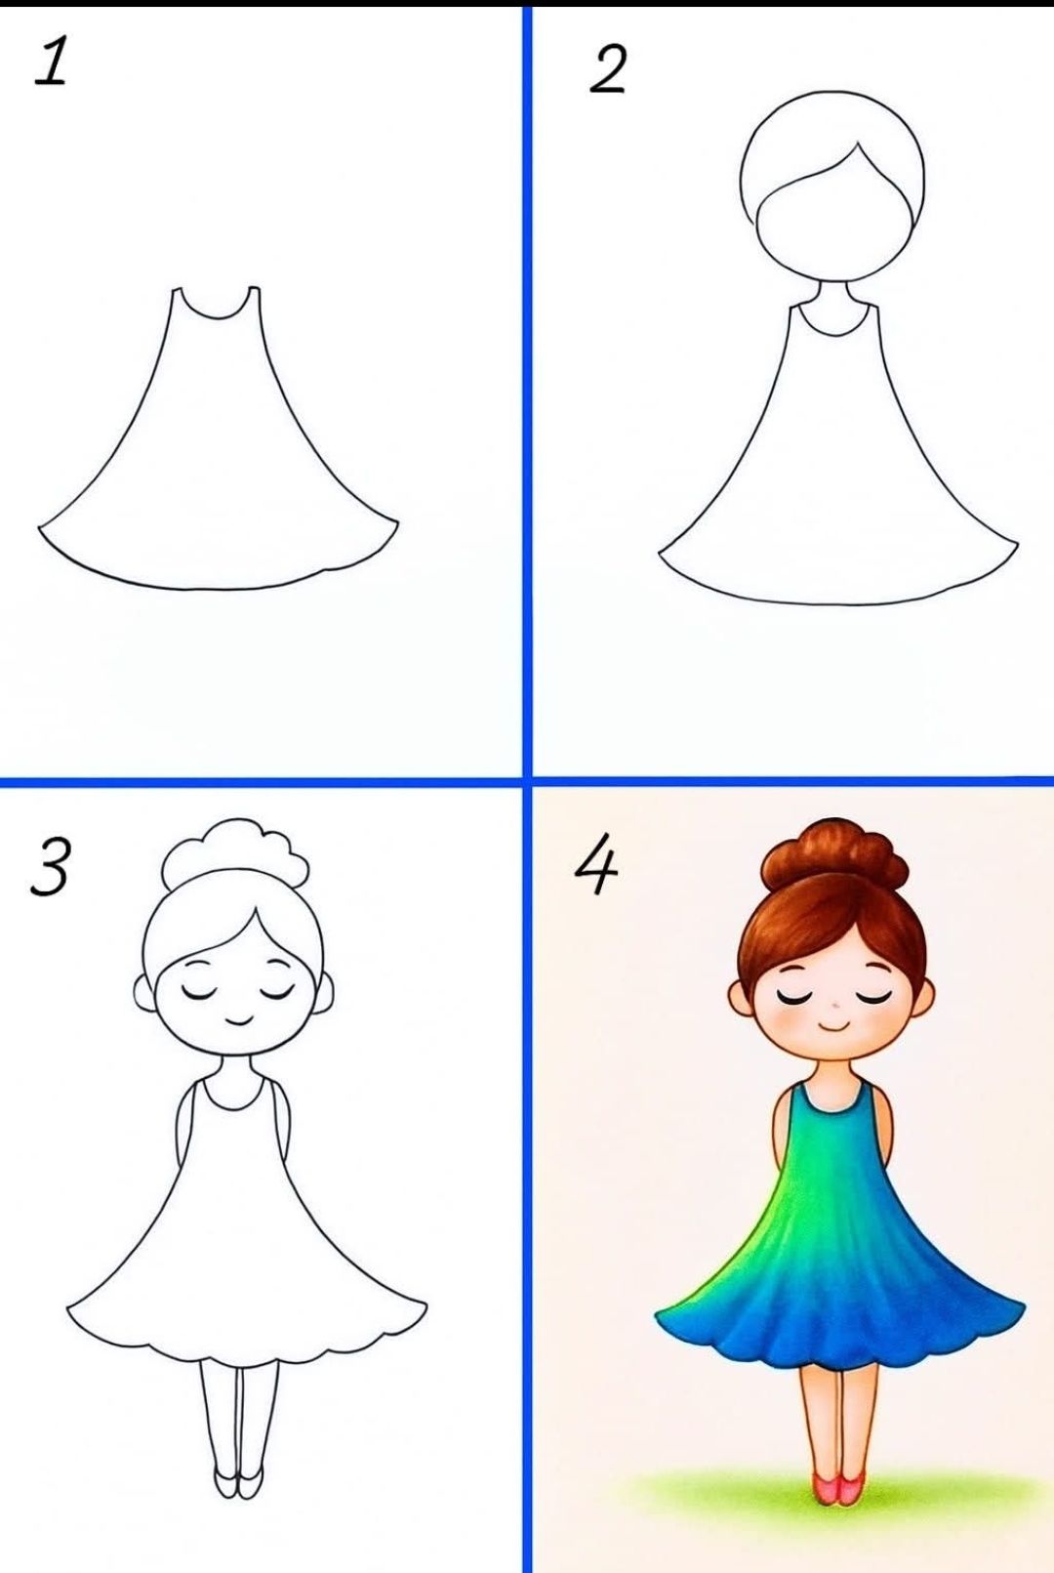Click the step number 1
[51, 62]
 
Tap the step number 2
[607, 70]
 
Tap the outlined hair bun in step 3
[235, 851]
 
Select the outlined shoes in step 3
[238, 1482]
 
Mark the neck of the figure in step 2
[832, 293]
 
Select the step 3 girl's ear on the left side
[143, 992]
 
